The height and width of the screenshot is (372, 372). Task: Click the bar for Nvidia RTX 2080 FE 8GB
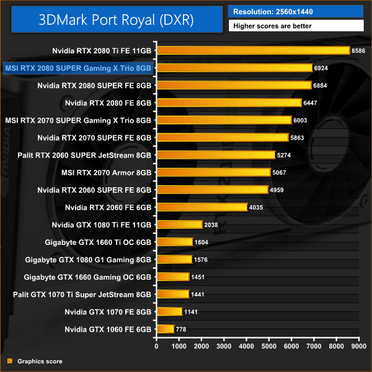pyautogui.click(x=229, y=102)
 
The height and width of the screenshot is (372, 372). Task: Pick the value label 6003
pyautogui.click(x=301, y=120)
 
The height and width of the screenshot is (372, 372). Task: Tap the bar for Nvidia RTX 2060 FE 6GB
pyautogui.click(x=202, y=206)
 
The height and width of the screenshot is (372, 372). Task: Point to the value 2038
pyautogui.click(x=213, y=224)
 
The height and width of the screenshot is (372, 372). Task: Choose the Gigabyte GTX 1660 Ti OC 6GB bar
pyautogui.click(x=175, y=242)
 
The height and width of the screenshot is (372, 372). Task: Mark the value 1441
pyautogui.click(x=200, y=294)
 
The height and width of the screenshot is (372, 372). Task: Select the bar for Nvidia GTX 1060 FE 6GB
pyautogui.click(x=166, y=329)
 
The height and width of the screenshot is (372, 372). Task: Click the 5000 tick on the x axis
pyautogui.click(x=268, y=346)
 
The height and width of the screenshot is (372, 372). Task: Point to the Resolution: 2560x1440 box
pyautogui.click(x=296, y=11)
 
